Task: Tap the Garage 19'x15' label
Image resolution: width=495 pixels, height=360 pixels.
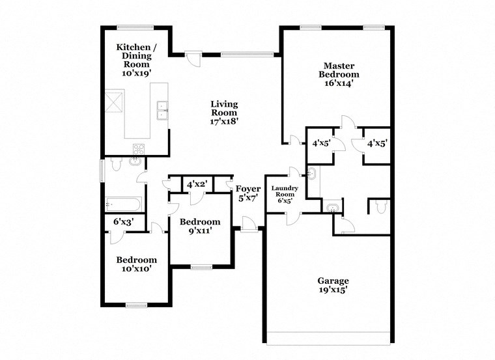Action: click(x=337, y=285)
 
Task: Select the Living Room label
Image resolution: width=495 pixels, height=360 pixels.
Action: click(x=224, y=112)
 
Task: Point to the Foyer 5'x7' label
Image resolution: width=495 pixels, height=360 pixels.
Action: click(x=247, y=193)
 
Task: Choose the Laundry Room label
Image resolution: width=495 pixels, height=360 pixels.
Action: click(x=285, y=194)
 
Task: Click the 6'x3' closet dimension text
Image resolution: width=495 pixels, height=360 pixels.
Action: click(x=123, y=222)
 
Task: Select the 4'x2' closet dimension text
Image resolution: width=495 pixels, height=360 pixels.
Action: click(x=197, y=184)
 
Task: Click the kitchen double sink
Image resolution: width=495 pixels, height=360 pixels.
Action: click(x=162, y=111)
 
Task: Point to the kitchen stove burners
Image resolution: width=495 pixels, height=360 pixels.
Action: click(x=138, y=149)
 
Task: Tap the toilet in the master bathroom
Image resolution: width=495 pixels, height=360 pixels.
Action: click(x=380, y=207)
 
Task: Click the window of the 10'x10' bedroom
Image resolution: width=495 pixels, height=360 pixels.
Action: click(x=136, y=305)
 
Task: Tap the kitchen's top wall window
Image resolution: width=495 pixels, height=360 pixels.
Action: click(x=135, y=27)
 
